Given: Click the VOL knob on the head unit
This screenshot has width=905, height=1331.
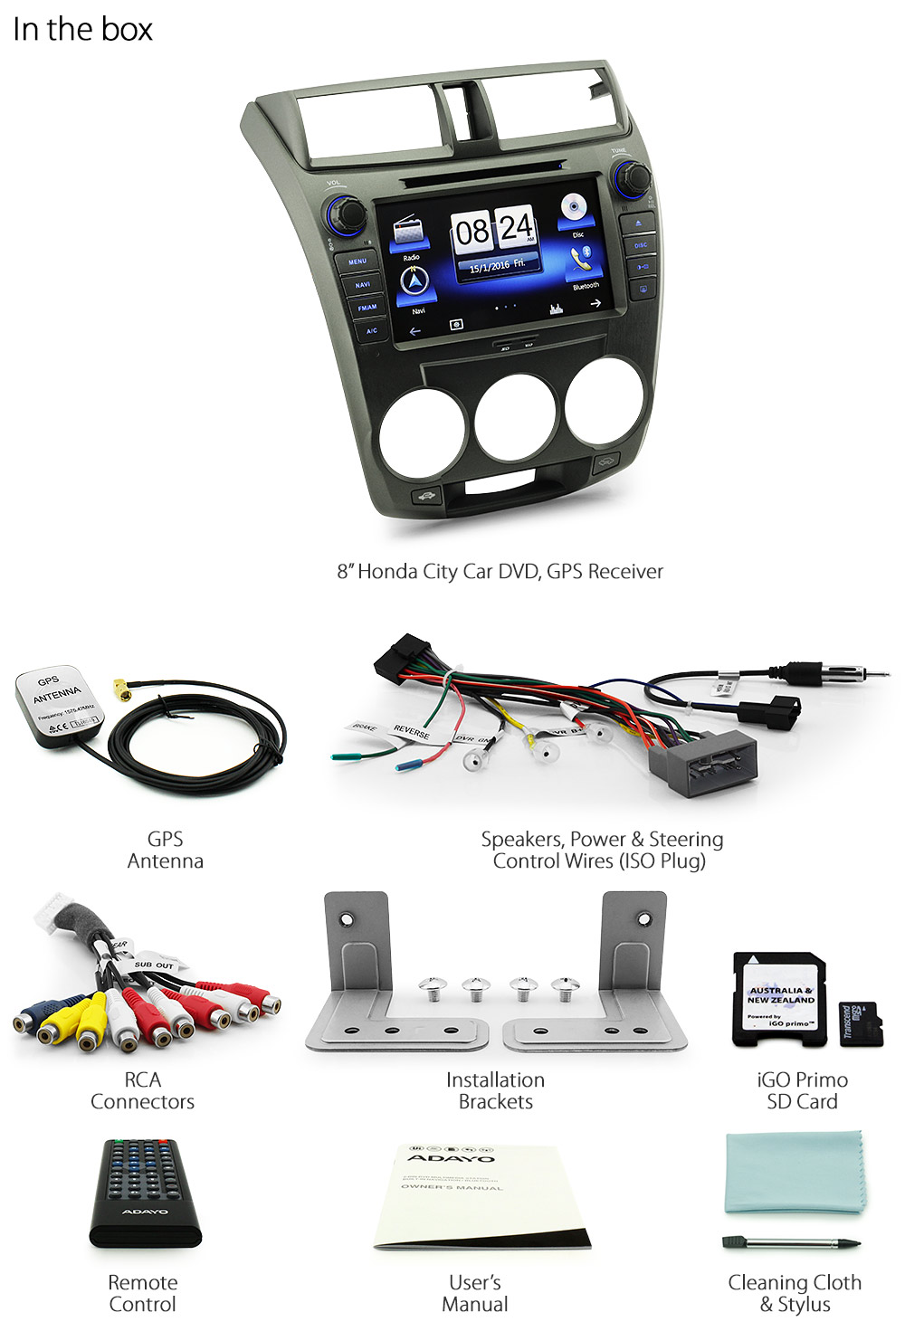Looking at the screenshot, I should pos(346,214).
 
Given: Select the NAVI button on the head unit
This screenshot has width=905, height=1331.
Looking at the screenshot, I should pos(362,284).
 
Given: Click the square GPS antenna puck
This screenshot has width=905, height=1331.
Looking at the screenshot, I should pos(58,707).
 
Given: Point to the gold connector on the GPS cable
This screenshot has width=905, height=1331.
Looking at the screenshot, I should pos(121,691).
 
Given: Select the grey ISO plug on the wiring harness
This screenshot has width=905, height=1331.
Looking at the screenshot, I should pos(702,762).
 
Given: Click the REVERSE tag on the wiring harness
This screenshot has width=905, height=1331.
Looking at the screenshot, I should pos(412,731).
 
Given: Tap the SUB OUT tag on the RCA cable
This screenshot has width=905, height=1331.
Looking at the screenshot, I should pos(154,965).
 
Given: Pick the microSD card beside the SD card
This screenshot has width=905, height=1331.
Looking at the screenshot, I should pos(860,1023).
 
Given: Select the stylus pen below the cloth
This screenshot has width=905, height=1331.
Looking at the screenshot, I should pos(790,1243).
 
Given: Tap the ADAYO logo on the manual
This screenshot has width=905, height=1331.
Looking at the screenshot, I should pos(452,1157).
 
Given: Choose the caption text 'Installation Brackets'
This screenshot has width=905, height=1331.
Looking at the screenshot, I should pos(495,1090).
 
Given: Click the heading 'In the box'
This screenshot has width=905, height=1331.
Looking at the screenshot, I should pos(82,29).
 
